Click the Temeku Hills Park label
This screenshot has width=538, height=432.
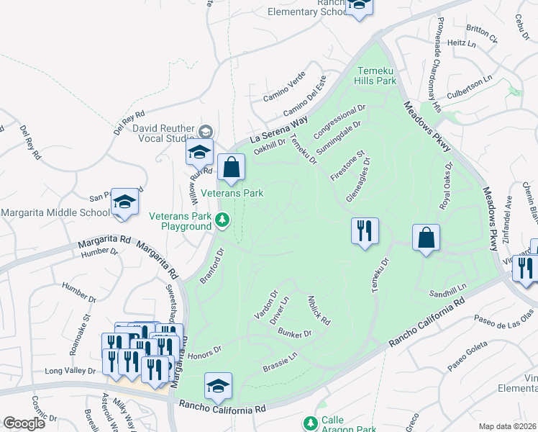click(377, 76)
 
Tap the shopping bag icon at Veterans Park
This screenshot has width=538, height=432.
click(232, 168)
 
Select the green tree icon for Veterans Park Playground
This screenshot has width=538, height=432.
click(223, 219)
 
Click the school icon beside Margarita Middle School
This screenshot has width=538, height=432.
click(124, 204)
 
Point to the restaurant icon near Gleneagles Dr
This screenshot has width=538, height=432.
click(365, 231)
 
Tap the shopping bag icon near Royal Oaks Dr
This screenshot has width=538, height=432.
click(427, 237)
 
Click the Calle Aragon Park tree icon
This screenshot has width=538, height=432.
click(310, 423)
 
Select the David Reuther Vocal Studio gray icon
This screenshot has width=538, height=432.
click(206, 130)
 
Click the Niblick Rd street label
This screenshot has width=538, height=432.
click(318, 310)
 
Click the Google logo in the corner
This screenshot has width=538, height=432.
click(24, 423)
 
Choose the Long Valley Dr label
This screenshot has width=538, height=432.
click(70, 371)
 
